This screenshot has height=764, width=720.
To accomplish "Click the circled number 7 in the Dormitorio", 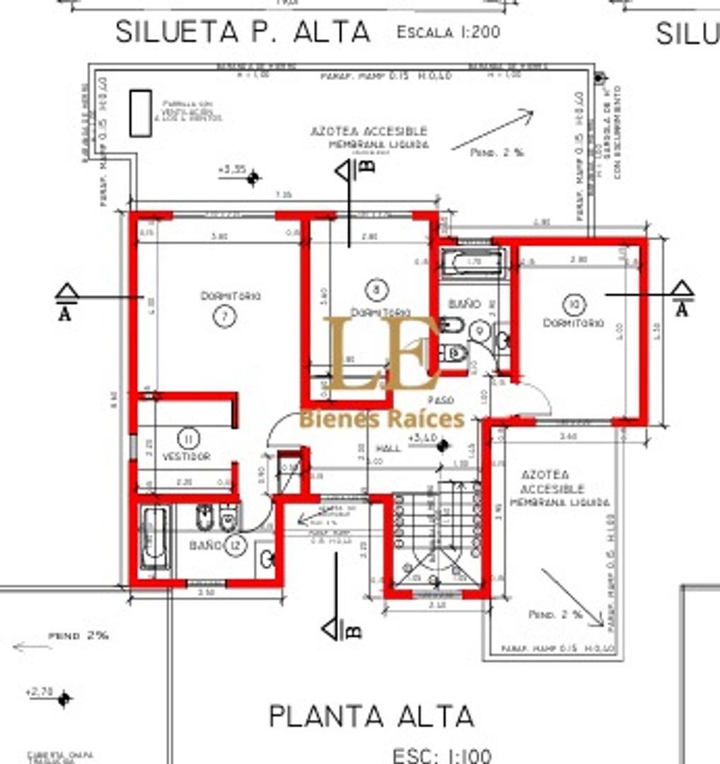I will coord(224,317).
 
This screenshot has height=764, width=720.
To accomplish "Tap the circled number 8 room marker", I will coord(378,289).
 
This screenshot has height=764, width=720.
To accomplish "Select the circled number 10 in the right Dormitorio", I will coord(573,305).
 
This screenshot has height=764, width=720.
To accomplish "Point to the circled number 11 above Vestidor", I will coord(187,439).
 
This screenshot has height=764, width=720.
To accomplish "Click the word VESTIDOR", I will coord(187,457).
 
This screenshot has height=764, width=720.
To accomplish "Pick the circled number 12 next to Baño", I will coord(236,545).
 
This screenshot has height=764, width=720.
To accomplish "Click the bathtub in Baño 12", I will coord(153,539).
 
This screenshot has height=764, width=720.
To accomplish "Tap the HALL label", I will coord(388,448).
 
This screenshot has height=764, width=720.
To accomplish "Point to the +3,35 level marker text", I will coord(231,170).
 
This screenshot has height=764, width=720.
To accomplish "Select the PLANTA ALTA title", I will coord(371,716).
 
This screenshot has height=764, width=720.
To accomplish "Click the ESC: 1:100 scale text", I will coord(441,756).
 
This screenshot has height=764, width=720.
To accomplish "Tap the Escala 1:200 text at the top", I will coord(448,32).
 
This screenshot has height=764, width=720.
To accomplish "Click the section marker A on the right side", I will coord(682,299).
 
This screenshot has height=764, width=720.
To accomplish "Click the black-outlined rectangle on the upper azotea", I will coord(140,112).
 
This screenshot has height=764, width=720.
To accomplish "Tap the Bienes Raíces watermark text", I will coord(382,419).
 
